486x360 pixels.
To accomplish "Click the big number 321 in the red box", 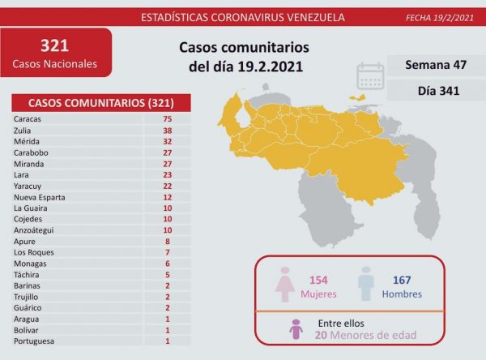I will (x=55, y=45).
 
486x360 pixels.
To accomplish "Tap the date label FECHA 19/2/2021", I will (x=437, y=17).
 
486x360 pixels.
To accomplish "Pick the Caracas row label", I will (x=28, y=118).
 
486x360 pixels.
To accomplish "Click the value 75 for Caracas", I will (x=167, y=118).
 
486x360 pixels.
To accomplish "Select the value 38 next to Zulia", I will (x=167, y=130).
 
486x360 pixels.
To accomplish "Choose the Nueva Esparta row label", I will (x=40, y=196).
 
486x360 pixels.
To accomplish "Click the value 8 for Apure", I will (x=167, y=241).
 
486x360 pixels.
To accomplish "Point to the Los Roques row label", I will (x=34, y=252).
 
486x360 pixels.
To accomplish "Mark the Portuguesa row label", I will (x=34, y=341).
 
